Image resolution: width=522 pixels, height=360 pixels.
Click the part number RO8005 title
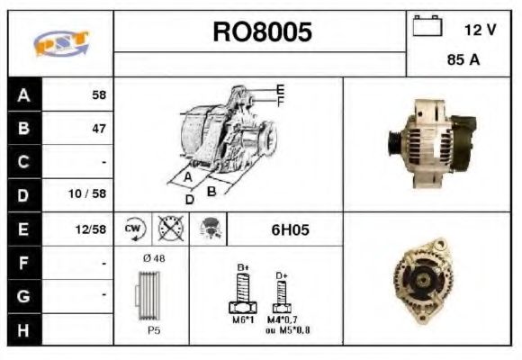(262, 32)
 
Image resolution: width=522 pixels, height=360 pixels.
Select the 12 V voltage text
(479, 30)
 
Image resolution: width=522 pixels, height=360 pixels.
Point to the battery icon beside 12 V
(427, 27)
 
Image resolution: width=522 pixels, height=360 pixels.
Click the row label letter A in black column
(24, 94)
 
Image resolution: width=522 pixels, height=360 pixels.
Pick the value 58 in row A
(99, 94)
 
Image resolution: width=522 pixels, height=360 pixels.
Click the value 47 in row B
(99, 128)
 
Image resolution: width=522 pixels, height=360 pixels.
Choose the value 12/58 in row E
(92, 229)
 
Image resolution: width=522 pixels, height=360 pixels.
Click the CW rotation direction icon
(134, 229)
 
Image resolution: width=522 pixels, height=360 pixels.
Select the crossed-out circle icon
(168, 229)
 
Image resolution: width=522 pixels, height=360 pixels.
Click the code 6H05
(290, 229)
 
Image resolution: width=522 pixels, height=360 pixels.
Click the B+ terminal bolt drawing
(242, 289)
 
